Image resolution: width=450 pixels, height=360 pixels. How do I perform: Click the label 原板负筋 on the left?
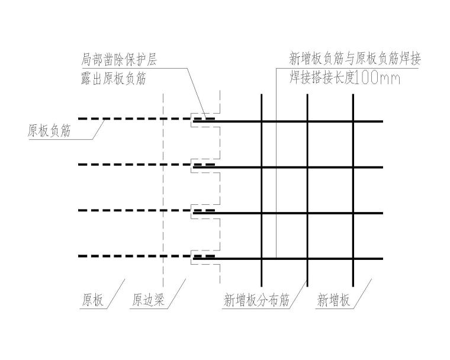click(x=49, y=131)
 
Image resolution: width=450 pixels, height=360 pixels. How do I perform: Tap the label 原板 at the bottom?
click(x=92, y=301)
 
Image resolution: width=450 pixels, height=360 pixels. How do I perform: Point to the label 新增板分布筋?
click(x=256, y=301)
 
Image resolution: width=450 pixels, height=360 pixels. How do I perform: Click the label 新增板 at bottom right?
click(x=333, y=301)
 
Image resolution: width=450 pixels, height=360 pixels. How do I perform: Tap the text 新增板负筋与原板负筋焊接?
click(x=355, y=59)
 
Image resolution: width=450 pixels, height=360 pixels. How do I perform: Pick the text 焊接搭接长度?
click(x=322, y=78)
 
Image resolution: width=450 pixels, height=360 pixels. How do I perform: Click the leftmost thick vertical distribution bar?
click(x=262, y=189)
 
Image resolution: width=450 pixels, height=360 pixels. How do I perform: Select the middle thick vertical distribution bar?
click(x=307, y=189)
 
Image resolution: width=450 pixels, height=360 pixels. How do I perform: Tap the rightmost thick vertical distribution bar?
click(x=353, y=189)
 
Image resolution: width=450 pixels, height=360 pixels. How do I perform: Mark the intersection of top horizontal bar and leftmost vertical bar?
click(x=262, y=121)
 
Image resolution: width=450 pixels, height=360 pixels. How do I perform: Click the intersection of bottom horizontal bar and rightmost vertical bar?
click(x=353, y=258)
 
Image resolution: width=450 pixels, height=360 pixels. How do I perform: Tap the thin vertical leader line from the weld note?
click(x=276, y=178)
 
